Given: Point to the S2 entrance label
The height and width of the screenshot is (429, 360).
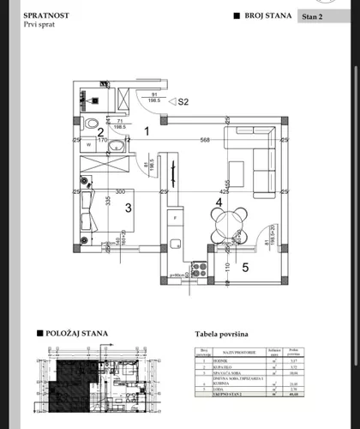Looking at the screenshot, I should pos(183,101).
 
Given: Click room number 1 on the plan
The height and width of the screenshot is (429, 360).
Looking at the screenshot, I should pos(147,131).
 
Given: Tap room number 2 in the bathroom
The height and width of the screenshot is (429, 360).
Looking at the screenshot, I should pos(100,131).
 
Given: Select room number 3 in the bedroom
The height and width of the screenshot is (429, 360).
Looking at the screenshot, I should pos(129,207).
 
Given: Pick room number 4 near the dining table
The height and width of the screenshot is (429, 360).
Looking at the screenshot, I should pos(219,202).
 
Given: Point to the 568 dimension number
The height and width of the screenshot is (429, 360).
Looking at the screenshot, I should pos(204,142).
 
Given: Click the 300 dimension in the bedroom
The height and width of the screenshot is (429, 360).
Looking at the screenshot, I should pos(120,192).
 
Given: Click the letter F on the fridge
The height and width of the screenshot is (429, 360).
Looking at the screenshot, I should pos(177,217).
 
